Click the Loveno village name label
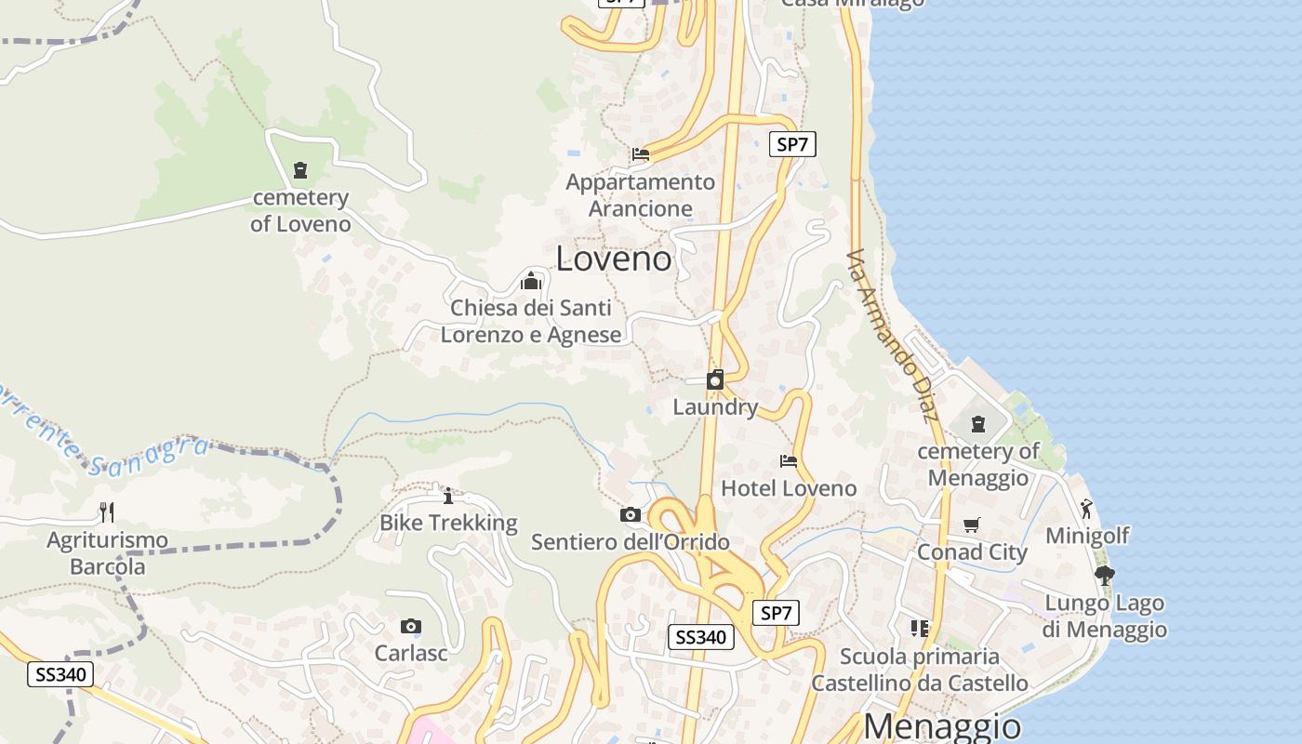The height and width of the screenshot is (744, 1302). click(614, 259)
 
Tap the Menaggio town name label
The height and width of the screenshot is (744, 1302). click(941, 725)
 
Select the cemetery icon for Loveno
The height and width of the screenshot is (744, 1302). click(300, 170)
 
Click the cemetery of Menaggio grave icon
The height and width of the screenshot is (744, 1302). click(978, 424)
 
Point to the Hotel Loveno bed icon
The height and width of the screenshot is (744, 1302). click(789, 460)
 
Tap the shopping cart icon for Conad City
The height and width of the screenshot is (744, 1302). click(972, 525)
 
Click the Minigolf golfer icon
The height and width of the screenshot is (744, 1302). click(1086, 509)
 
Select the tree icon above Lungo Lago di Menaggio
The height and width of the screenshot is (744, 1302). click(1104, 576)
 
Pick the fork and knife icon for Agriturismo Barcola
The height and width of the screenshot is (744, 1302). click(107, 511)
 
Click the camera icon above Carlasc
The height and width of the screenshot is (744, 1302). click(410, 626)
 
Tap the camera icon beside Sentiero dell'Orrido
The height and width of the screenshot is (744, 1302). click(630, 514)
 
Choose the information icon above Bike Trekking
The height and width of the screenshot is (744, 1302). click(447, 496)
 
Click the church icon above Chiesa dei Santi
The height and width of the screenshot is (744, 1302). click(531, 280)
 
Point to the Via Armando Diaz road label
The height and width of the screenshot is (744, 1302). click(894, 335)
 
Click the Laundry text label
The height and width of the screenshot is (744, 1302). click(715, 407)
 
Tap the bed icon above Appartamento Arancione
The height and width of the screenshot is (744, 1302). click(640, 154)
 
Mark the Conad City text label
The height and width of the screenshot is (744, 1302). click(972, 552)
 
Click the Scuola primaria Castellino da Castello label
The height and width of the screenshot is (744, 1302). click(919, 670)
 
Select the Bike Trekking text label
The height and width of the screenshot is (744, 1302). click(448, 523)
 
